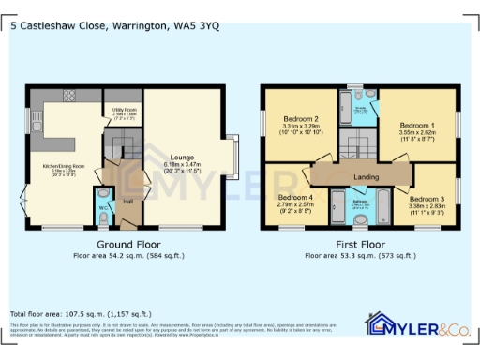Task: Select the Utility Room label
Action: click(128, 110)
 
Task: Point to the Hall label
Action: click(128, 201)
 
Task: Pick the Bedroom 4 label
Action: click(294, 198)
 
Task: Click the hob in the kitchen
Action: click(68, 96)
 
